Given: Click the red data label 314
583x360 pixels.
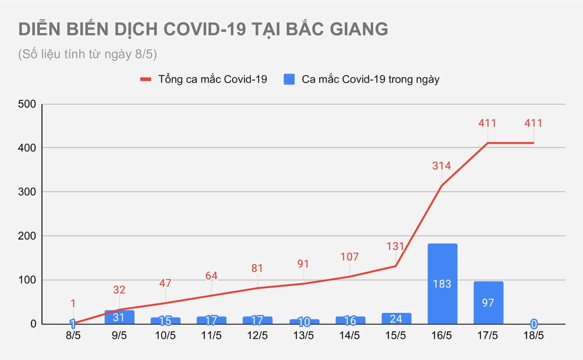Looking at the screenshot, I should pyautogui.click(x=442, y=166).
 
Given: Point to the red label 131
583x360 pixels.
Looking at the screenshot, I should pyautogui.click(x=395, y=246).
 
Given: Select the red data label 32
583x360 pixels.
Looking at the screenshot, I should pyautogui.click(x=120, y=290).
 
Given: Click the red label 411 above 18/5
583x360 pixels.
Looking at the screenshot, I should pyautogui.click(x=533, y=123).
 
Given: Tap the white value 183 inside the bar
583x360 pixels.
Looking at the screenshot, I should pyautogui.click(x=442, y=284).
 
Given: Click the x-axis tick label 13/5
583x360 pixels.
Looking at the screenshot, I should pyautogui.click(x=304, y=336).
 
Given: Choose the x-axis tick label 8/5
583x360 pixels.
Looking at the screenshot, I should pyautogui.click(x=73, y=336).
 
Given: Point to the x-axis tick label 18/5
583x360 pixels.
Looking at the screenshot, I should pyautogui.click(x=534, y=336).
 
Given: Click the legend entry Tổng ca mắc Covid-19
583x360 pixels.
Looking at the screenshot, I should pyautogui.click(x=212, y=79).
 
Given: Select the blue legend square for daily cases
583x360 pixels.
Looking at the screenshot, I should pyautogui.click(x=289, y=79).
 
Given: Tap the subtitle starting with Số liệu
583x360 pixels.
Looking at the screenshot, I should pyautogui.click(x=87, y=54).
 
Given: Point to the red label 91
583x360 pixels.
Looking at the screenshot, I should pyautogui.click(x=304, y=264).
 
